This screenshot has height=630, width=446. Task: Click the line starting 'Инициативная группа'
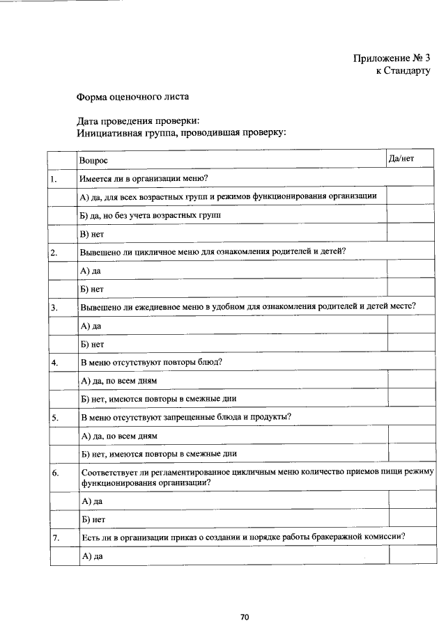[x=181, y=132]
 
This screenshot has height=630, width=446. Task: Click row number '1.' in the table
[x=54, y=179]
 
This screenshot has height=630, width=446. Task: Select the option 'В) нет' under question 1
[x=92, y=234]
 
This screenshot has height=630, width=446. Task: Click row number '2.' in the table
[x=54, y=252]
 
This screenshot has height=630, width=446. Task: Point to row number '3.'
[x=54, y=307]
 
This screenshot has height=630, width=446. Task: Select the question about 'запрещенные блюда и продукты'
[x=185, y=417]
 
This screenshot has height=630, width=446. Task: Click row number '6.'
[x=54, y=473]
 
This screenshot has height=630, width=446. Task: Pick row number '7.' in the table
[x=54, y=537]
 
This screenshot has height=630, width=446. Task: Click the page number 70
[x=245, y=617]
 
